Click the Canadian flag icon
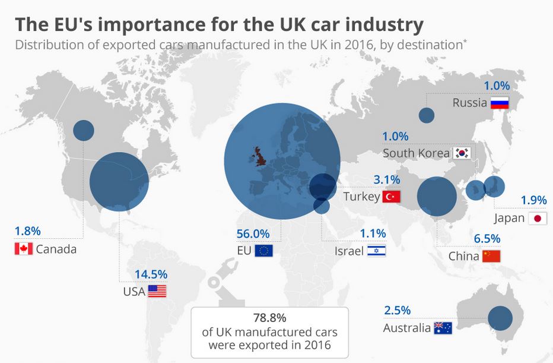(23, 249)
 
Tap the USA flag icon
(157, 291)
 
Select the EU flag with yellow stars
(263, 251)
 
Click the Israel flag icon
(376, 251)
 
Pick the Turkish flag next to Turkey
(392, 197)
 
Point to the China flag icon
(491, 257)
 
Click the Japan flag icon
(538, 218)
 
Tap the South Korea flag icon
(462, 153)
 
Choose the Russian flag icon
(500, 103)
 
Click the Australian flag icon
(443, 328)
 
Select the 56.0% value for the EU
(253, 233)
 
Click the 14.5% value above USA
(151, 274)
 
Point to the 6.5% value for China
(487, 239)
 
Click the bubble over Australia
(500, 318)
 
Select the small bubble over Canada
(84, 130)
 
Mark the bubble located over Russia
(427, 116)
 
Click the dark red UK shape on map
(260, 158)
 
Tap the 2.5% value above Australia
(396, 311)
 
